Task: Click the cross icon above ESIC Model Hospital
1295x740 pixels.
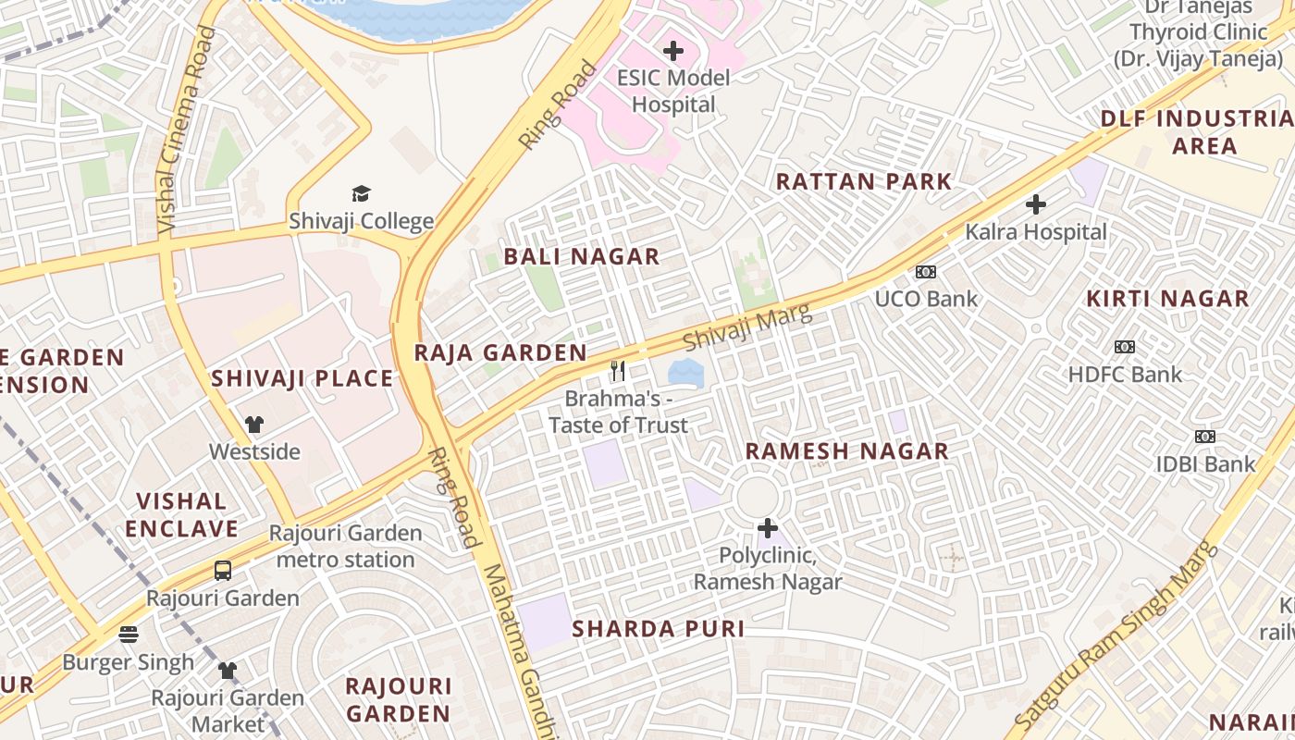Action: [x=673, y=50]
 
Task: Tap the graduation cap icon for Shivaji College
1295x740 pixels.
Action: [x=361, y=193]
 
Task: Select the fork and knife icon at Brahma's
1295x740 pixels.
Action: [x=618, y=371]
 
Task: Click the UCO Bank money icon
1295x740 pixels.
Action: [x=925, y=272]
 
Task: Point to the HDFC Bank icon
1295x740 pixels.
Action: [x=1124, y=347]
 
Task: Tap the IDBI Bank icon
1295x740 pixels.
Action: [x=1204, y=437]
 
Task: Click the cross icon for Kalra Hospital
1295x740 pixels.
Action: [x=1036, y=204]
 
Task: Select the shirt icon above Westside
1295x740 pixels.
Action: [x=254, y=425]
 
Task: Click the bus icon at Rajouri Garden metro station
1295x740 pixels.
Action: [x=222, y=571]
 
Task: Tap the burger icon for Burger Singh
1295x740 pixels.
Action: [x=129, y=635]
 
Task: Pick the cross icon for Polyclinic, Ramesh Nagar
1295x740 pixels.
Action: [x=768, y=528]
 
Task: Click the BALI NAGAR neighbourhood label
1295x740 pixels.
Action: [x=582, y=257]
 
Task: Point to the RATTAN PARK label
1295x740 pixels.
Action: [x=863, y=181]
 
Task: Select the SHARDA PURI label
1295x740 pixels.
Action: [x=658, y=629]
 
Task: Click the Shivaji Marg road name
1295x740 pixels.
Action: [x=747, y=328]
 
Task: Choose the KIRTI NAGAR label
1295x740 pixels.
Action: [x=1167, y=299]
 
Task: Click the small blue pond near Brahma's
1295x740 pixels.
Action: [x=685, y=374]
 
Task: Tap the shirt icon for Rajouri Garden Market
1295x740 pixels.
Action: [x=228, y=670]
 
